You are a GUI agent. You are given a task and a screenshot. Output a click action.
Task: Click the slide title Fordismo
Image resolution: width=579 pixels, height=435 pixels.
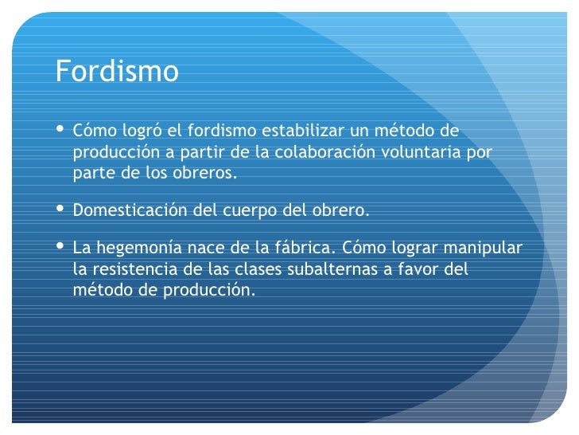(x=117, y=72)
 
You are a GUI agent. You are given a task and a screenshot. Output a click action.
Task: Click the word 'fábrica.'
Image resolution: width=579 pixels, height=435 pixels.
(x=306, y=248)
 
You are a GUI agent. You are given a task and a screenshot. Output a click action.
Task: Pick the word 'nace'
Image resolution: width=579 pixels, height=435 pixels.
(x=206, y=249)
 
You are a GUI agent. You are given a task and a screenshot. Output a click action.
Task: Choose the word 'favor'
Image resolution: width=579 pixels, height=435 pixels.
(x=418, y=269)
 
